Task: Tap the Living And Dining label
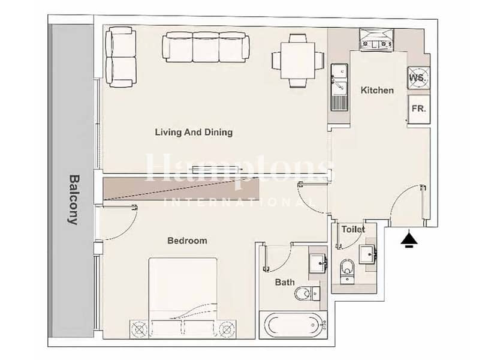194,133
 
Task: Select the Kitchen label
377,90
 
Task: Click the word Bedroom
187,241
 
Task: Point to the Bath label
285,282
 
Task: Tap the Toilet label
353,229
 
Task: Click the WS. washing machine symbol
418,77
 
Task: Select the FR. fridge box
419,109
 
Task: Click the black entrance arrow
409,239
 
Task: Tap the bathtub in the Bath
293,325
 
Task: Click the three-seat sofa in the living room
206,47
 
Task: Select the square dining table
298,61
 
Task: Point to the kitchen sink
339,87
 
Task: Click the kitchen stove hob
376,39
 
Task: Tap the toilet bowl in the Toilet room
347,271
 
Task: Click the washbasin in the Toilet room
367,254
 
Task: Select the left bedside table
139,329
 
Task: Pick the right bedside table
227,329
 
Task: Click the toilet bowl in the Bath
307,293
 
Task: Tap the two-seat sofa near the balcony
120,57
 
